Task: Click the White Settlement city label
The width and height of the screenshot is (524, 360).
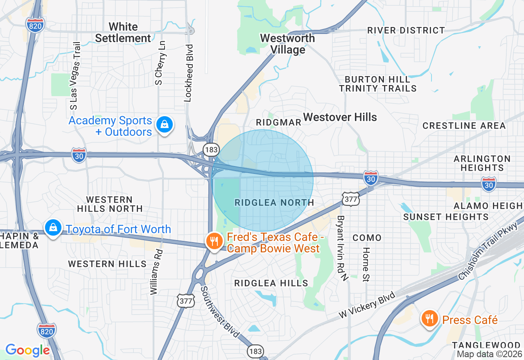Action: point(123,33)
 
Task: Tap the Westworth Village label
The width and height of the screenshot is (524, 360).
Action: point(288,44)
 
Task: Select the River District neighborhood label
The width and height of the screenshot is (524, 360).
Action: point(406,30)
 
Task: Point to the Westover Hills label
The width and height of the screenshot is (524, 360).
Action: point(340,117)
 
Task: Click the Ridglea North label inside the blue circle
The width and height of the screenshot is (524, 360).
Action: point(274,202)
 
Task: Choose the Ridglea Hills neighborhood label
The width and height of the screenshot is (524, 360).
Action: point(271,283)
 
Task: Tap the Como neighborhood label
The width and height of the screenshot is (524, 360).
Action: point(367,238)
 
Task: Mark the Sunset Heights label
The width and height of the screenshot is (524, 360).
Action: point(446,217)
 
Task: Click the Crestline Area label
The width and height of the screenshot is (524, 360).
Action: point(464,126)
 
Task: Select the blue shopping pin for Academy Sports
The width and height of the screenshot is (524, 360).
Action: point(165,125)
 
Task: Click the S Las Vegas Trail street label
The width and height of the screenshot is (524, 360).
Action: point(75,76)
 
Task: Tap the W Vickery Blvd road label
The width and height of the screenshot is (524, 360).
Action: point(367,305)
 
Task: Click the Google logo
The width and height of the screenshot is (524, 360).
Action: point(27,351)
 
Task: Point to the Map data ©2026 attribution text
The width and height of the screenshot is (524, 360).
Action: point(490,354)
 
